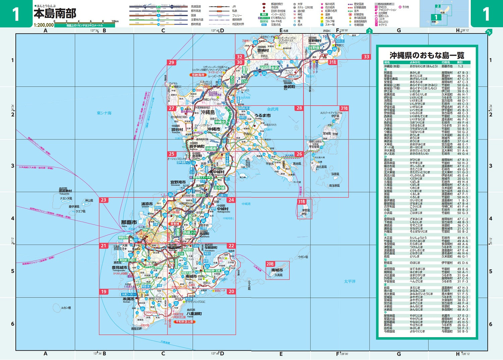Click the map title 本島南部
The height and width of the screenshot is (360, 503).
pos(55,13)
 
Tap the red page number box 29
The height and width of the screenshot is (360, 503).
pos(171,62)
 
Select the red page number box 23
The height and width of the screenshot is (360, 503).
pos(103,200)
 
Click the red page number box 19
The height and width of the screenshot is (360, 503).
pos(103,292)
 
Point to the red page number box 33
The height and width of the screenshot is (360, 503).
pos(366,57)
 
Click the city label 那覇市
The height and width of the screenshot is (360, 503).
pos(129,222)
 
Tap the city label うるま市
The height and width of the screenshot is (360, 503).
pos(263,115)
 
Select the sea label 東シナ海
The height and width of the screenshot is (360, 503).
pos(104,113)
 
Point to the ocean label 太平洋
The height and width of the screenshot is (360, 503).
pos(350,281)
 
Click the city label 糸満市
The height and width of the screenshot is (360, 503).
pos(128,299)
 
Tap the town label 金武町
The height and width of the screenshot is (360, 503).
pos(289,86)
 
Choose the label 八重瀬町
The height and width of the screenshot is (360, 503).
pos(194,314)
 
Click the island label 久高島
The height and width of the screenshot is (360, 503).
pos(279,275)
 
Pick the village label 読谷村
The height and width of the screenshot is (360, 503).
pos(177,130)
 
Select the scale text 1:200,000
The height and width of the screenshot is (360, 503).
pos(44,25)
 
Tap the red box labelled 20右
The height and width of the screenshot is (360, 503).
pos(270,264)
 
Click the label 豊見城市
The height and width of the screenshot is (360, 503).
pos(119,268)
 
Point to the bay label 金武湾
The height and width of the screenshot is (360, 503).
pos(273,109)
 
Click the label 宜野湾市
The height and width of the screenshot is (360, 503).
pos(178,182)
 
